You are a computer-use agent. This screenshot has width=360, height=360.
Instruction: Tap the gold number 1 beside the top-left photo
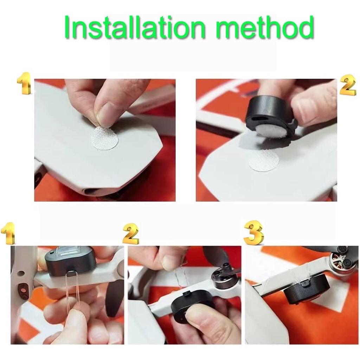(24, 84)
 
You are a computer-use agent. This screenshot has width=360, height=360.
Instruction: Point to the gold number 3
(253, 233)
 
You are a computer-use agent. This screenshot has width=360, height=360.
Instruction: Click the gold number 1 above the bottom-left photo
(8, 233)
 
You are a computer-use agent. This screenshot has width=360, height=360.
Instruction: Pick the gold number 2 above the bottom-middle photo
(130, 234)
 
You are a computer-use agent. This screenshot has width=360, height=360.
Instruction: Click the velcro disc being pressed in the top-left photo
(104, 138)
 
